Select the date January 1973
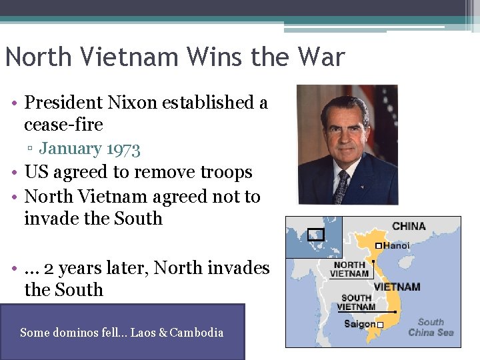(x=89, y=148)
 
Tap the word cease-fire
(x=63, y=125)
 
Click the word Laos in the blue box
(x=144, y=333)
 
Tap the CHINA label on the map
(x=409, y=226)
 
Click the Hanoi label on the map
(x=397, y=245)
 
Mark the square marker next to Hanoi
(x=379, y=246)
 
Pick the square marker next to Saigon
(x=380, y=325)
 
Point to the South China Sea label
(x=430, y=327)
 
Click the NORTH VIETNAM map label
(x=349, y=269)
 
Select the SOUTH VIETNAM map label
(x=356, y=303)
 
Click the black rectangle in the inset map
(x=315, y=234)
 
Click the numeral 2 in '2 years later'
(x=49, y=268)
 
